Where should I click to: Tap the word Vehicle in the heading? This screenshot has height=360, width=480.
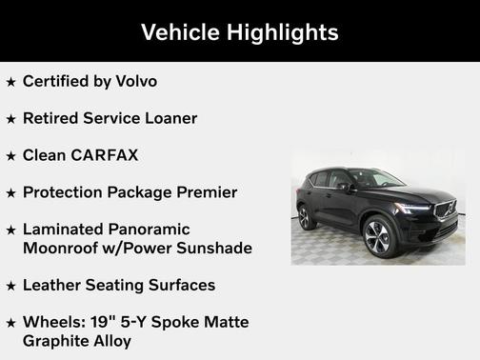(178, 31)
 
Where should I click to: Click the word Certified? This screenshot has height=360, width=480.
(59, 81)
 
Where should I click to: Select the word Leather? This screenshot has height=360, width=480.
(55, 285)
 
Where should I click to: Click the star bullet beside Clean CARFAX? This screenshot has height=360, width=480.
(10, 156)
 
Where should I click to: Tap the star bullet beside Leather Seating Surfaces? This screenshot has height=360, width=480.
(10, 286)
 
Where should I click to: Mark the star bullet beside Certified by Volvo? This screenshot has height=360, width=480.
(10, 82)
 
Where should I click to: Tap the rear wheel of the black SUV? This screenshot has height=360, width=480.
(306, 218)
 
